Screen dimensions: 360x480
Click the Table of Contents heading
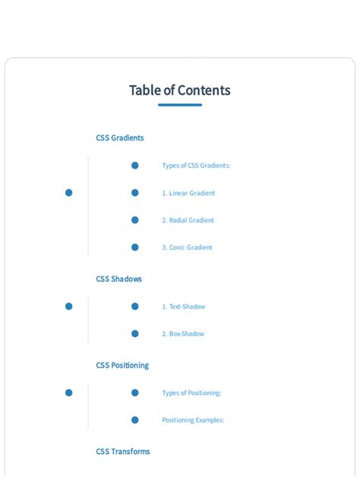click(180, 90)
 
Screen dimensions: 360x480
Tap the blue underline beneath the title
click(180, 105)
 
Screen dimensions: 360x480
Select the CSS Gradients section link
click(120, 137)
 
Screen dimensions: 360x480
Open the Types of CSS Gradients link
click(196, 166)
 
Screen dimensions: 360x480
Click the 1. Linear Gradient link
click(188, 193)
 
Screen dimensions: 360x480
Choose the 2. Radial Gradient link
click(188, 220)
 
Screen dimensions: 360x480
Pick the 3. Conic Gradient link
click(187, 248)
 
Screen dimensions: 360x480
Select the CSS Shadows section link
click(118, 279)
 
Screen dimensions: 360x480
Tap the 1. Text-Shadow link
click(183, 306)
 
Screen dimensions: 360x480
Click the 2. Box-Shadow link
click(183, 333)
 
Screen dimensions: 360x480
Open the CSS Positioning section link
click(122, 365)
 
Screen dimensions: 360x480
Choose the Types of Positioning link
click(191, 393)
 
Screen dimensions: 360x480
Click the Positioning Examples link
click(193, 420)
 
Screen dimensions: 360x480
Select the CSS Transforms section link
click(123, 452)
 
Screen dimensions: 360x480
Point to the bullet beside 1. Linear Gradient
click(135, 193)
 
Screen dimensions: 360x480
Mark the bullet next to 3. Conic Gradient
click(135, 248)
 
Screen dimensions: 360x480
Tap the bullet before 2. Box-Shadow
click(135, 333)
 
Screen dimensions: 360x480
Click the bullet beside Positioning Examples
click(135, 420)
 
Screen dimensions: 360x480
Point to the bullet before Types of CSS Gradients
click(135, 166)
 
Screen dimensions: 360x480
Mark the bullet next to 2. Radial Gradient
click(135, 220)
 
